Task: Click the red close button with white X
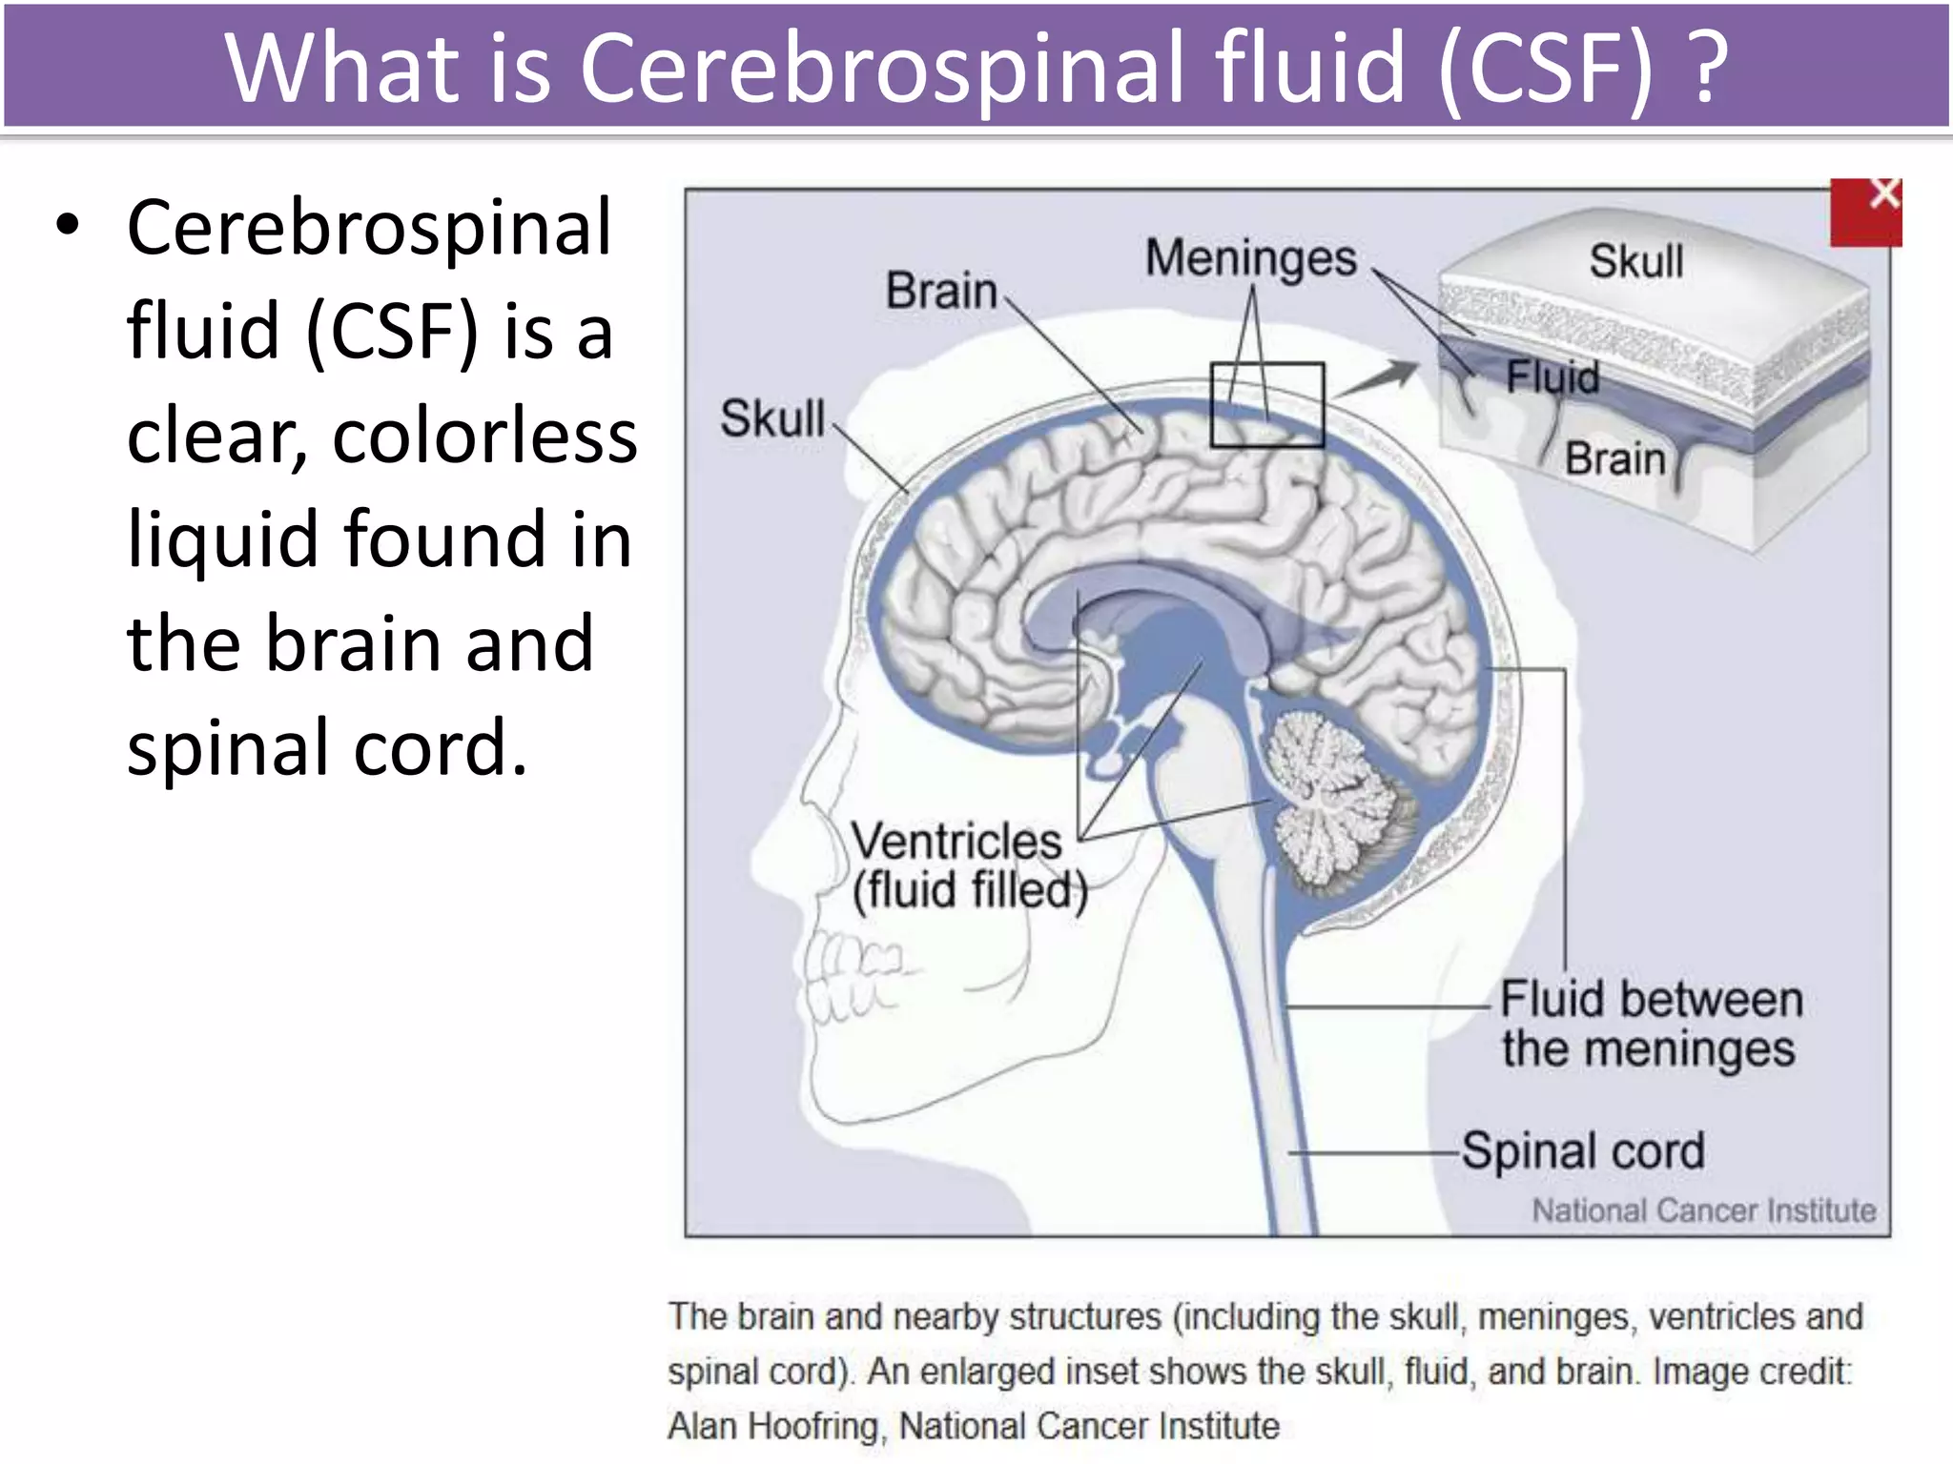1865,212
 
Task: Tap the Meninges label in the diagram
1250,258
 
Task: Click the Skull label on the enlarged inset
1635,261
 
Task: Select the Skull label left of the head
772,418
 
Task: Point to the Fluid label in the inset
1552,376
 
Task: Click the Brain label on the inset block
1614,458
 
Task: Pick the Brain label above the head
941,291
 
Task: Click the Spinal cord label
1583,1150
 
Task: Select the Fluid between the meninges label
1651,1024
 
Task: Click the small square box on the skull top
1267,405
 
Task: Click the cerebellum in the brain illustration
1335,801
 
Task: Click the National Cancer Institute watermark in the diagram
1703,1210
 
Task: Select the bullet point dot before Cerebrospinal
67,226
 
